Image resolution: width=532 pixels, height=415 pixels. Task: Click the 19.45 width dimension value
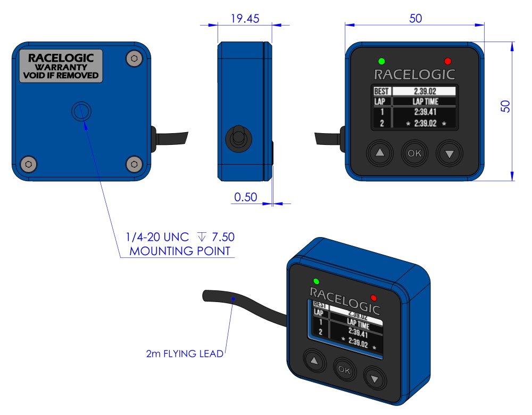245,18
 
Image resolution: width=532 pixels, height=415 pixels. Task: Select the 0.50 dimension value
246,197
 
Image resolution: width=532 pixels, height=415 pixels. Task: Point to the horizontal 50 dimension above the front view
415,18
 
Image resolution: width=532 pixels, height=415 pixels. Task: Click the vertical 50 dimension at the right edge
505,107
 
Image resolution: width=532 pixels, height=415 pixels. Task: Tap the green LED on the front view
381,61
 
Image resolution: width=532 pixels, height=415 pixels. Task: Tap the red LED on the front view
448,61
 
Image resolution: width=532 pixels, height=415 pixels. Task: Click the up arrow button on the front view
380,153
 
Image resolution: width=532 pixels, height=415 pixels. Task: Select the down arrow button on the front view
450,153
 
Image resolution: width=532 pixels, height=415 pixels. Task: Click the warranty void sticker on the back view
61,66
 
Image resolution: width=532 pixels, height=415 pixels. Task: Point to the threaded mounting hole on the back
81,111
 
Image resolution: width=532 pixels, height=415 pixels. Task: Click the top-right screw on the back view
135,59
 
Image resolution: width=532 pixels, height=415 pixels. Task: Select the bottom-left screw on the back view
29,164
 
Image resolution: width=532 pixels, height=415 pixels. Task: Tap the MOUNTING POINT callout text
180,251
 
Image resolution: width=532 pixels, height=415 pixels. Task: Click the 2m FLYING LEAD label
185,354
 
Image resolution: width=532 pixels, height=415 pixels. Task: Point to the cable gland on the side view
238,139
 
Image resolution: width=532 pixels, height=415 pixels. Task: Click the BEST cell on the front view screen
381,91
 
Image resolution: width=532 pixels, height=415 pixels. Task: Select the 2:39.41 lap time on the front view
425,112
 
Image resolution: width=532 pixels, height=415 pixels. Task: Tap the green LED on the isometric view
316,281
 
